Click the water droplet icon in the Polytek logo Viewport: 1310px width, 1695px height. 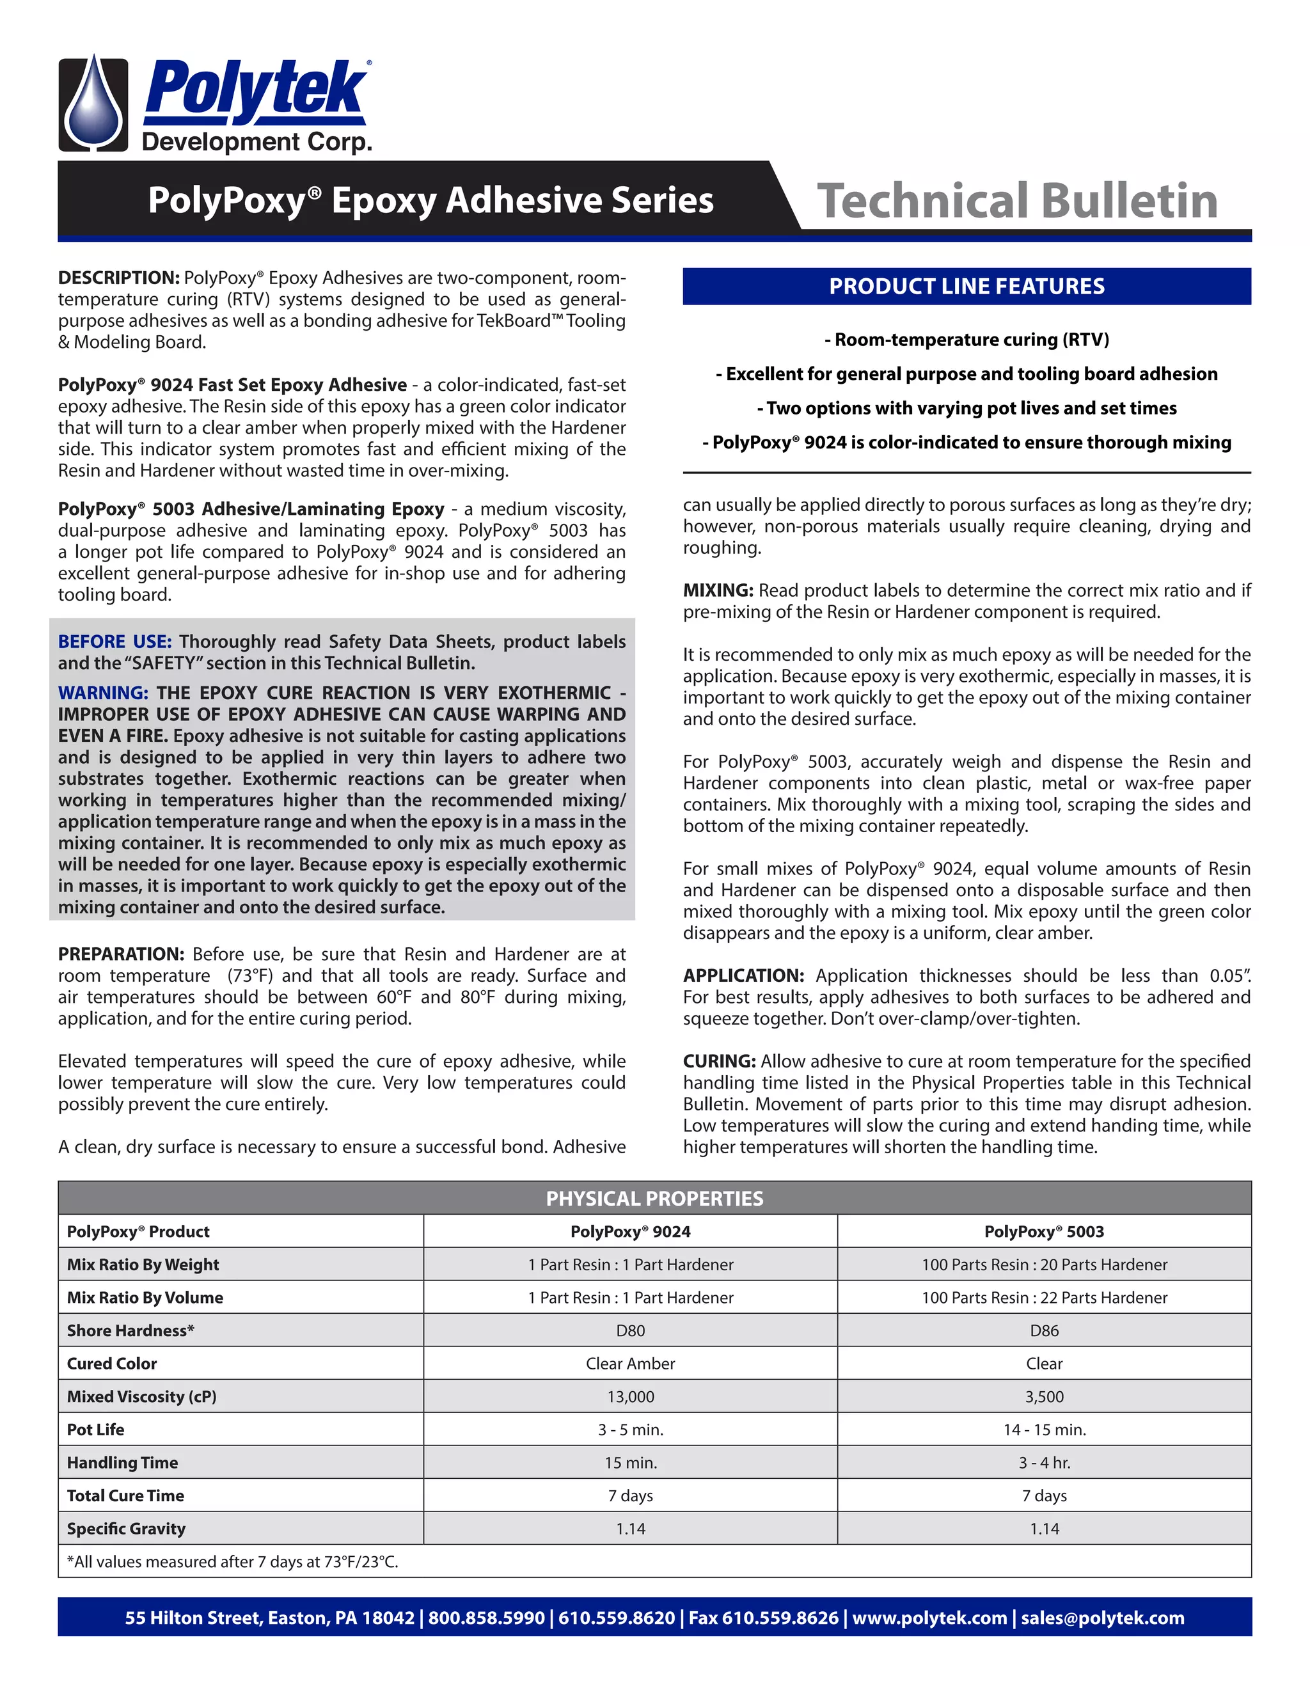(x=94, y=104)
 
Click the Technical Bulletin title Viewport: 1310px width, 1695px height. (x=1016, y=201)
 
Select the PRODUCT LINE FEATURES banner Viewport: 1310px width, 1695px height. (x=967, y=287)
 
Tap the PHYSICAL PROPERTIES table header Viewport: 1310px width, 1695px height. (x=654, y=1198)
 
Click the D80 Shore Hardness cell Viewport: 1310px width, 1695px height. (x=630, y=1330)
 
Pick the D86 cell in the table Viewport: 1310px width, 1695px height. (x=1044, y=1330)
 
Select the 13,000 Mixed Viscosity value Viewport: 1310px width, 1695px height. (x=630, y=1396)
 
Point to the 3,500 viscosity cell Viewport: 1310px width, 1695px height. (x=1044, y=1396)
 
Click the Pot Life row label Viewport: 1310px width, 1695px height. (x=95, y=1430)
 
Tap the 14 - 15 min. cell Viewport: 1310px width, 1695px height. (x=1044, y=1430)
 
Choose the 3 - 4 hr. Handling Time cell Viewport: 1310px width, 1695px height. (x=1044, y=1462)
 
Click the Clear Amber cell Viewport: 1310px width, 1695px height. (x=630, y=1364)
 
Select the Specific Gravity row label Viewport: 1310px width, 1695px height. (x=126, y=1528)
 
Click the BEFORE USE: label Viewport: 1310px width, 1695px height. (x=114, y=642)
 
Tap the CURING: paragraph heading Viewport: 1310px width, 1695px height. (x=718, y=1061)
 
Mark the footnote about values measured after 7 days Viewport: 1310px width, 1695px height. (x=232, y=1561)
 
